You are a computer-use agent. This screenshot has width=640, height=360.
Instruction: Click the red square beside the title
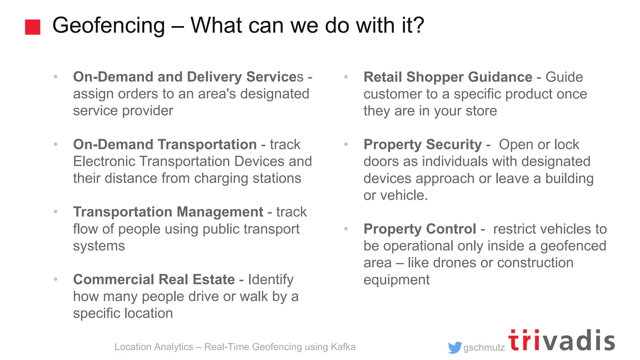tap(32, 27)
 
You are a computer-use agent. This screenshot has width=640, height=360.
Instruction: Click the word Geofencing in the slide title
tap(108, 26)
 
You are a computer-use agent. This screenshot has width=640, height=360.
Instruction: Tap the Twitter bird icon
tap(455, 347)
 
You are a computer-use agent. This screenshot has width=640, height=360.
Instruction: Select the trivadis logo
tap(562, 341)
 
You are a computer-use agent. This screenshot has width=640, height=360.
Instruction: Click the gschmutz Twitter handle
tap(484, 347)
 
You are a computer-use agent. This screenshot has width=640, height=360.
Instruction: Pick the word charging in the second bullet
tap(221, 178)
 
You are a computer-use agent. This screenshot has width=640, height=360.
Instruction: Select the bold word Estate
tap(214, 279)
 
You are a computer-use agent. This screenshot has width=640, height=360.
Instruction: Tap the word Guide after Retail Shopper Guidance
tap(564, 77)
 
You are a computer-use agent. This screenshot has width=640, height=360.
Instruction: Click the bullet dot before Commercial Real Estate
tap(56, 279)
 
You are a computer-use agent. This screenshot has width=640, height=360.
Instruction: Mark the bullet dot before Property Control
tap(346, 229)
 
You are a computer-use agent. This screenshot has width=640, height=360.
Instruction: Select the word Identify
tap(271, 280)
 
